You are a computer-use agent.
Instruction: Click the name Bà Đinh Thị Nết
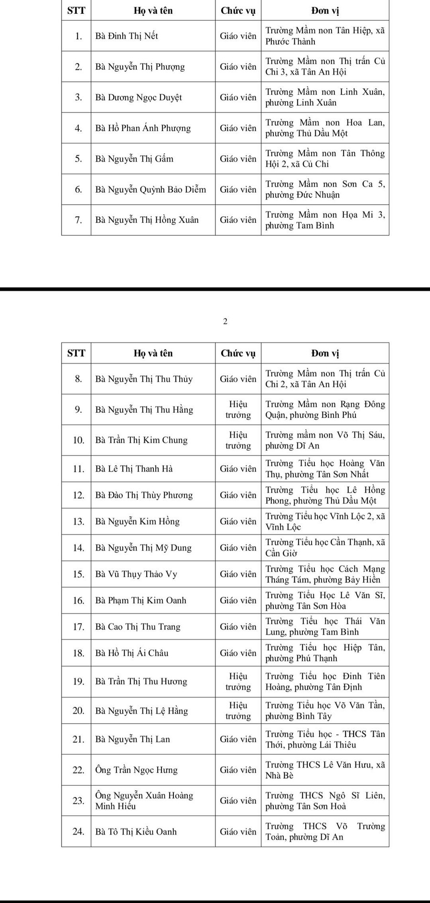coord(127,36)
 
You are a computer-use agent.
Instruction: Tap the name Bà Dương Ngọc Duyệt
coord(139,98)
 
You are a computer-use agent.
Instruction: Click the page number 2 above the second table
coord(225,321)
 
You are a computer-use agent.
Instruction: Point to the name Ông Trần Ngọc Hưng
coord(136,770)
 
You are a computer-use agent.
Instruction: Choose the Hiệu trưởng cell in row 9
coord(238,409)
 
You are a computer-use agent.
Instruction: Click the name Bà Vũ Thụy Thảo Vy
coord(136,574)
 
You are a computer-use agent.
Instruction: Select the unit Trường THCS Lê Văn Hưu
coord(325,770)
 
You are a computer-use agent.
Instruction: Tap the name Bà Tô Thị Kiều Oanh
coord(136,832)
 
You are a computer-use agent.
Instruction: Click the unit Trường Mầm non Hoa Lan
coord(325,128)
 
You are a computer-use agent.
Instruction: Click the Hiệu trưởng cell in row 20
coord(238,711)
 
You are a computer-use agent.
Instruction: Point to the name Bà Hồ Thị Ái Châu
coord(132,653)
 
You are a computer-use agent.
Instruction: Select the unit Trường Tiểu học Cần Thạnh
coord(325,548)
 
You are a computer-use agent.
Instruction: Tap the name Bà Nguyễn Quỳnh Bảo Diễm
coord(150,189)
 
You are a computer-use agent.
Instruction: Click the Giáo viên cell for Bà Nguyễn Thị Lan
coord(238,739)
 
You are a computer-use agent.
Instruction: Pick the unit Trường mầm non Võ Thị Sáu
coord(325,440)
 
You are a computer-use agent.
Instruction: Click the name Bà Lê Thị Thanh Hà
coord(134,469)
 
